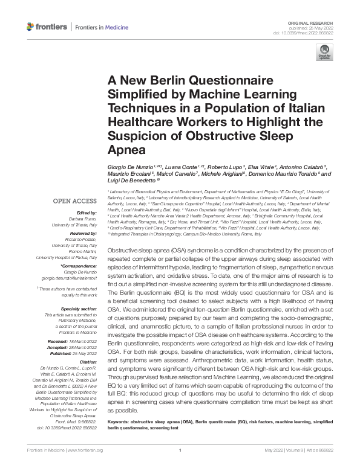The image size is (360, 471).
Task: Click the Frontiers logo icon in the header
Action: (31, 27)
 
